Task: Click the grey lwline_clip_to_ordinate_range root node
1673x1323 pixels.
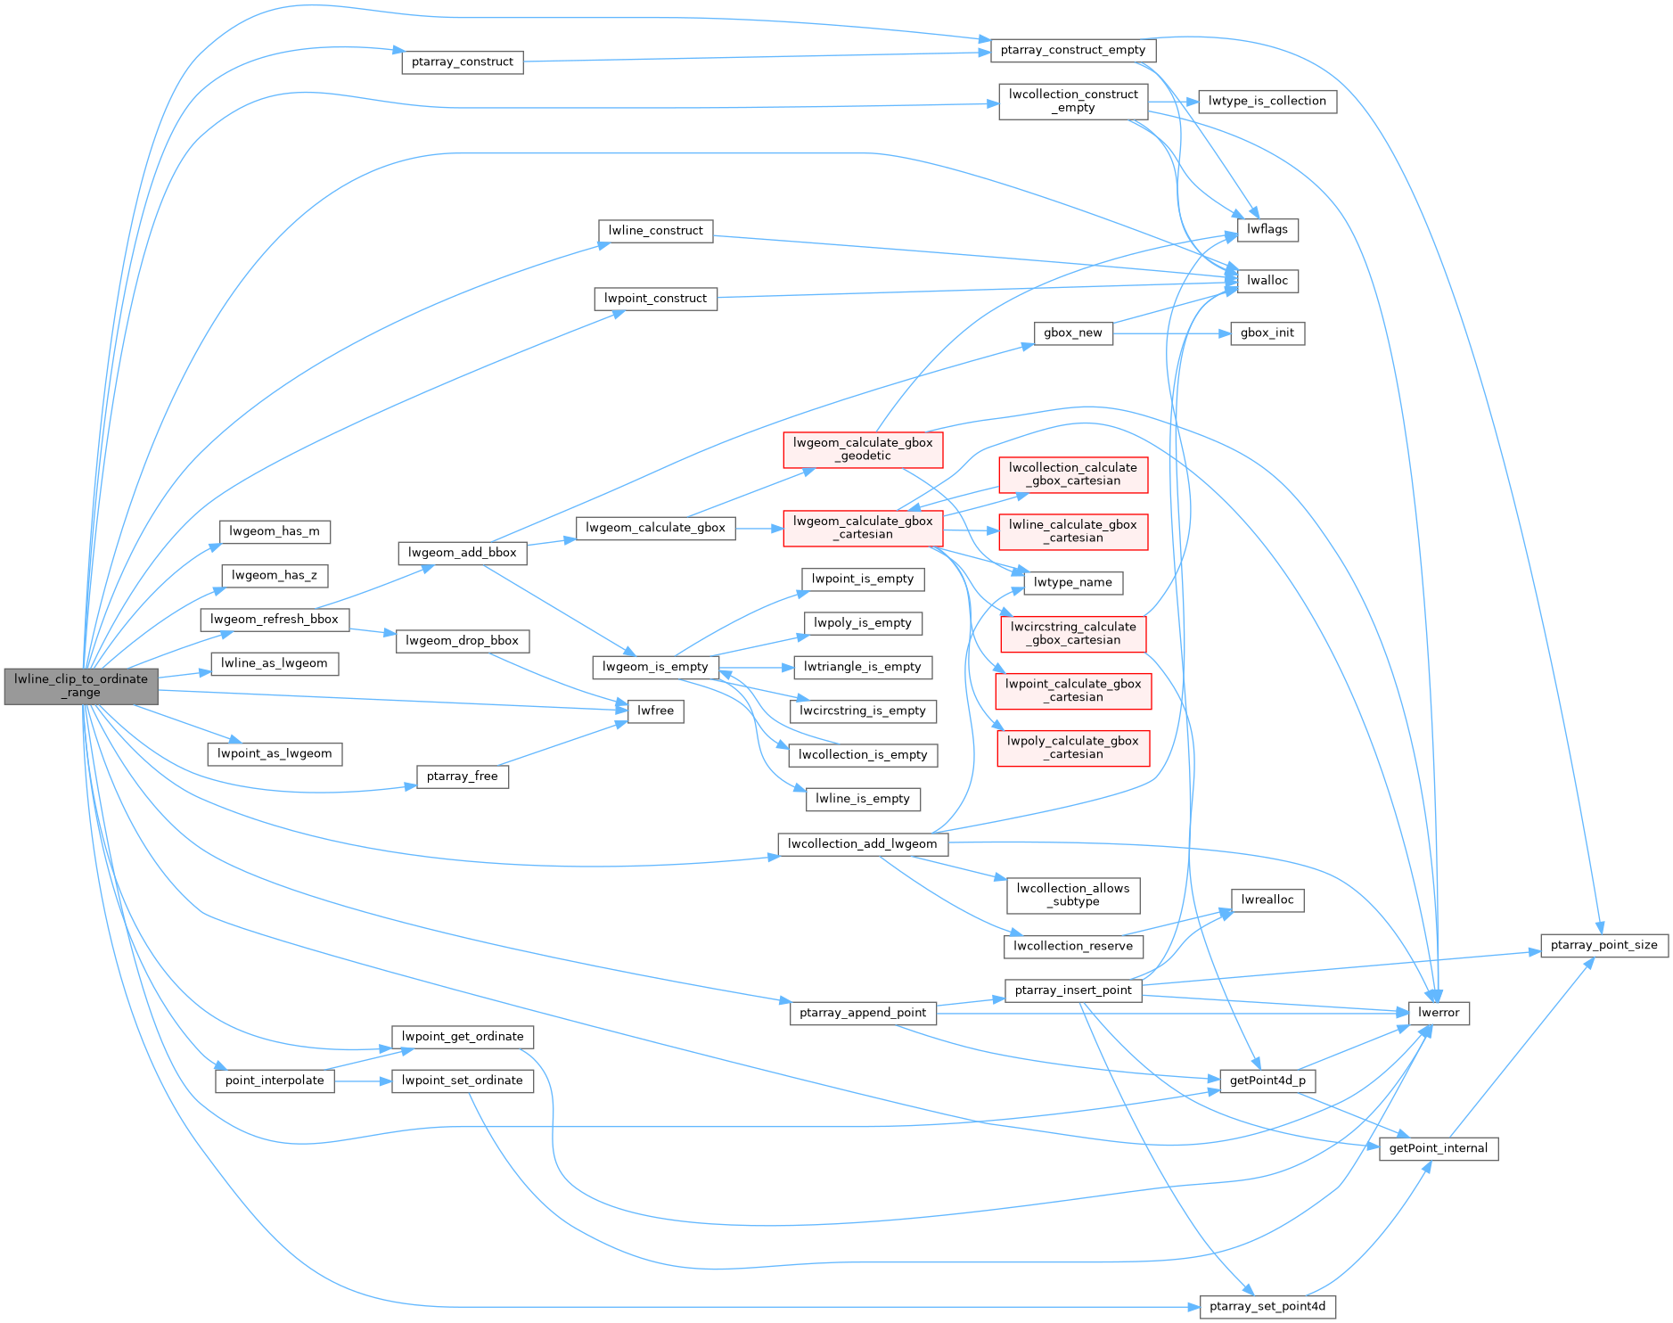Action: [81, 686]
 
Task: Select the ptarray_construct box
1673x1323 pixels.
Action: [462, 62]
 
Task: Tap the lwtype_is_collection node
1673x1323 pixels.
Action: [1267, 101]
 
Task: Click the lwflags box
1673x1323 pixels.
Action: [1267, 229]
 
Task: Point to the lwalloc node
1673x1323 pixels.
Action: [1267, 280]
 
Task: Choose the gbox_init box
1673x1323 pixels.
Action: [1267, 333]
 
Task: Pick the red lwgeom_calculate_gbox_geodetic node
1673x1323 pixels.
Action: [862, 448]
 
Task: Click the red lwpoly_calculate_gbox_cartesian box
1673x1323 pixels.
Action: [1072, 747]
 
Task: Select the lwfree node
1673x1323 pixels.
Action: [655, 711]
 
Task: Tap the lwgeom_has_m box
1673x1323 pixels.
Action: [275, 531]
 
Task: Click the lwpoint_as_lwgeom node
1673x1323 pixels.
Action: [275, 753]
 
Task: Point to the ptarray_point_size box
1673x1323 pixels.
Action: [1603, 945]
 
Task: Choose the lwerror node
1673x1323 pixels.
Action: [1438, 1013]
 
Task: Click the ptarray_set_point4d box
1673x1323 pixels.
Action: [1267, 1306]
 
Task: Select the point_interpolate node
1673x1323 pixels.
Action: [275, 1081]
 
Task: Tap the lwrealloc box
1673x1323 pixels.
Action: [1267, 900]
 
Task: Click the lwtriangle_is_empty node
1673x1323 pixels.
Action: [862, 667]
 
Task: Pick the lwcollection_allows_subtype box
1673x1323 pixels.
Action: [1072, 894]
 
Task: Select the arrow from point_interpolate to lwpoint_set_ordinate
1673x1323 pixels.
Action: [363, 1081]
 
